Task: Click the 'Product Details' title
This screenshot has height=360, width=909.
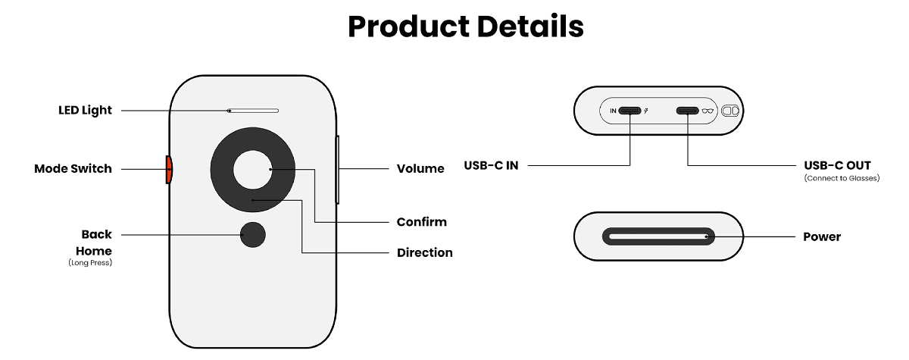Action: tap(465, 27)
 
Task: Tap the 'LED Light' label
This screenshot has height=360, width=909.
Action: tap(85, 110)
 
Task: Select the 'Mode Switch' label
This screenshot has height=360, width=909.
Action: tap(73, 168)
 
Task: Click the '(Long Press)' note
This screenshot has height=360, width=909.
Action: tap(90, 263)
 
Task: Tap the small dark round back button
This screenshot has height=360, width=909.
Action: tap(253, 235)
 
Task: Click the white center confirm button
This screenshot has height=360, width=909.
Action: tap(252, 169)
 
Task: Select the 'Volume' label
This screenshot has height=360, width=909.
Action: tap(420, 168)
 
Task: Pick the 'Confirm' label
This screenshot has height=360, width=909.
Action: tap(421, 222)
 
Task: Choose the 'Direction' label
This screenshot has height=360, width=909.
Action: tap(424, 252)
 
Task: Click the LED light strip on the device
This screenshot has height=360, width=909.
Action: tap(253, 111)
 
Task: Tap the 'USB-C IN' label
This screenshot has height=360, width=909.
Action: tap(491, 164)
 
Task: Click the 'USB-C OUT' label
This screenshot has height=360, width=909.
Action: tap(837, 164)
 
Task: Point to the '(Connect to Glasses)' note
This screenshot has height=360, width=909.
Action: tap(842, 179)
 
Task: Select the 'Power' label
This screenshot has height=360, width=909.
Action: tap(822, 236)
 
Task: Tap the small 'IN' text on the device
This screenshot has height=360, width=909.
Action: tap(613, 111)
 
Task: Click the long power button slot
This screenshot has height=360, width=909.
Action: tap(658, 236)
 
